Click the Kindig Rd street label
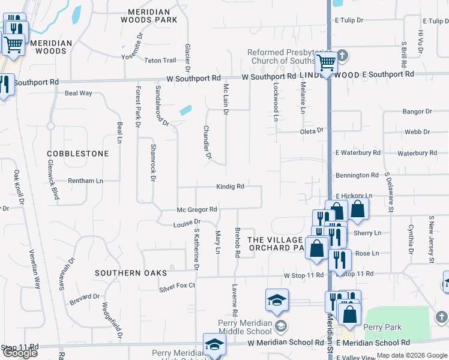tap(230, 187)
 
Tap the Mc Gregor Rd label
tap(196, 209)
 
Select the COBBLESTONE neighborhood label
tap(78, 154)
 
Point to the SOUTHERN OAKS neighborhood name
tap(130, 273)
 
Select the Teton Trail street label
tap(160, 60)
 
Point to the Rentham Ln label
tap(86, 181)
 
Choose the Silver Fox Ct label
tap(178, 286)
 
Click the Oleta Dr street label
tap(312, 130)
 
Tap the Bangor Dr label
tap(413, 112)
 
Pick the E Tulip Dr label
tap(349, 20)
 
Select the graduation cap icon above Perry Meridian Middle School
tap(277, 299)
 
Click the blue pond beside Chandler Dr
tap(185, 110)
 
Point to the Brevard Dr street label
tap(83, 296)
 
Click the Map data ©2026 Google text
tap(412, 355)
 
